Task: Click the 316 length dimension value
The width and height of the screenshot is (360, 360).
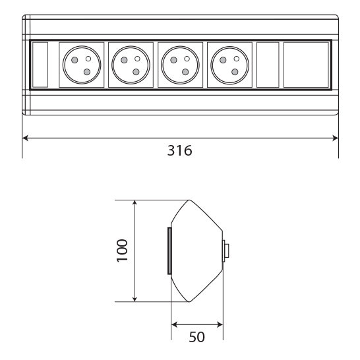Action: pyautogui.click(x=179, y=150)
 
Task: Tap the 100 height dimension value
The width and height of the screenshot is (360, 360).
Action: pyautogui.click(x=122, y=251)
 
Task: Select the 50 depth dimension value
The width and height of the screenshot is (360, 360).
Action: pyautogui.click(x=196, y=337)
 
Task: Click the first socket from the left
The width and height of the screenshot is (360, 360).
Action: pyautogui.click(x=82, y=65)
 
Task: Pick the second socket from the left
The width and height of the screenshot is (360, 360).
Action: pyautogui.click(x=131, y=65)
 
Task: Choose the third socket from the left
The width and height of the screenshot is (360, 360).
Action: pyautogui.click(x=180, y=65)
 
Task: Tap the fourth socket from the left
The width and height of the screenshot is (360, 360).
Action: pyautogui.click(x=229, y=65)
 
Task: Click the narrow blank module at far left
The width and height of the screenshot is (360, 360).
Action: pyautogui.click(x=40, y=65)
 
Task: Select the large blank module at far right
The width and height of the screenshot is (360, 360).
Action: pyautogui.click(x=306, y=65)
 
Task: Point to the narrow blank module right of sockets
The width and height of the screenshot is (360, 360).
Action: pyautogui.click(x=268, y=65)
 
